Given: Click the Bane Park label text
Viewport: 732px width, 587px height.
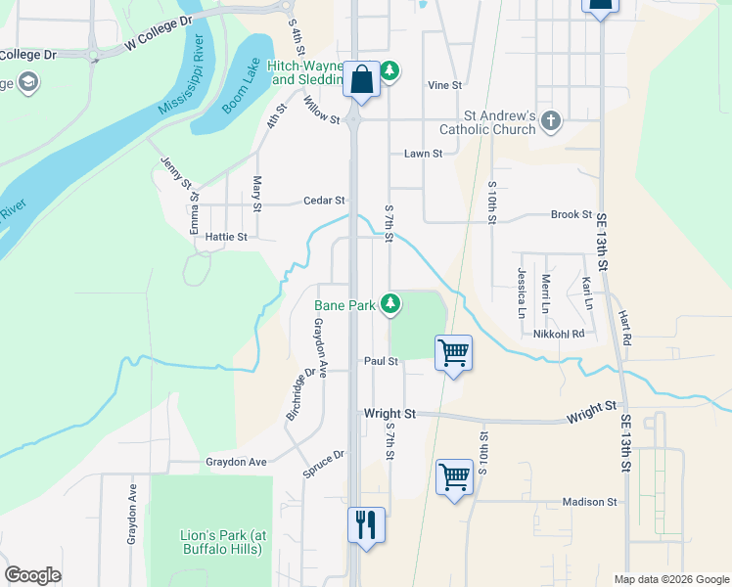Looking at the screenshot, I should pyautogui.click(x=344, y=305).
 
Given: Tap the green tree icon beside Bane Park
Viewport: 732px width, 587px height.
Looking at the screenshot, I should pyautogui.click(x=390, y=304).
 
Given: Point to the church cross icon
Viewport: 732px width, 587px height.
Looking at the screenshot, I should pyautogui.click(x=552, y=121).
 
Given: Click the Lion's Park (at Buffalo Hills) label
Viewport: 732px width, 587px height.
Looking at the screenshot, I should pyautogui.click(x=223, y=542).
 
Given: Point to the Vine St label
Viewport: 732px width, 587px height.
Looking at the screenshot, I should pyautogui.click(x=444, y=85).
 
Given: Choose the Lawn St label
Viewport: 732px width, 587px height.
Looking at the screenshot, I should pyautogui.click(x=424, y=154).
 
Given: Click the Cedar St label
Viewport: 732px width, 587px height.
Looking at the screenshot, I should pyautogui.click(x=324, y=201).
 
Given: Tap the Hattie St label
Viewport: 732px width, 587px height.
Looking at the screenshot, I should pyautogui.click(x=226, y=237).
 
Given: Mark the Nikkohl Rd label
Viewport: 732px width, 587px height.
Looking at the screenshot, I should pyautogui.click(x=559, y=334).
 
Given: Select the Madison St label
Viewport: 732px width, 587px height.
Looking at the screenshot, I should pyautogui.click(x=590, y=502).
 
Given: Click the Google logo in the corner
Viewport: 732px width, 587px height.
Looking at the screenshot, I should pyautogui.click(x=33, y=575).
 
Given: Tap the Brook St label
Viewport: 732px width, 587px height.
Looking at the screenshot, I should pyautogui.click(x=572, y=214).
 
